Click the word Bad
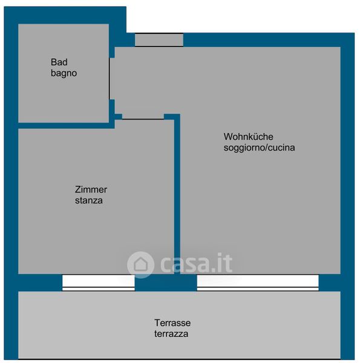[59, 62]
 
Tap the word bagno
[64, 73]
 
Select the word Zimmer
[91, 189]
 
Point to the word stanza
[89, 200]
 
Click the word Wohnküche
[248, 137]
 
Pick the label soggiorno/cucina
[259, 148]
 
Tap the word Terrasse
[172, 323]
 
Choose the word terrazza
[171, 334]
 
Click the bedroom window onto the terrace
[99, 283]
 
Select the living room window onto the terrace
[258, 283]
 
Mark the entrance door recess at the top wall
[159, 40]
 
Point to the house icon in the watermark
[140, 264]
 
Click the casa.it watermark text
[196, 263]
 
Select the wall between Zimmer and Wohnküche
[177, 194]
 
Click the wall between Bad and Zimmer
[67, 126]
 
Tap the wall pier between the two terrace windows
[166, 283]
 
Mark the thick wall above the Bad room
[65, 15]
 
